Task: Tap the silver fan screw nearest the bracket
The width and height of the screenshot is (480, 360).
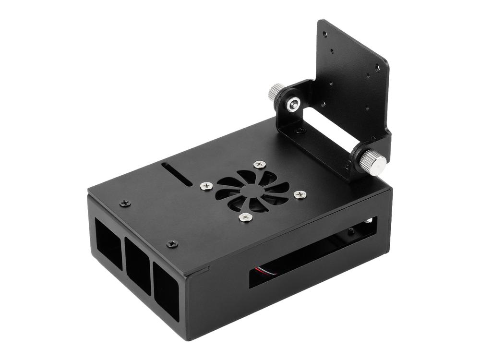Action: pos(260,165)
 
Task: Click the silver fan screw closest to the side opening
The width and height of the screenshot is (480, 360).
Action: pos(300,194)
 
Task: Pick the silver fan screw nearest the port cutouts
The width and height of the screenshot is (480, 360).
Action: pos(246,218)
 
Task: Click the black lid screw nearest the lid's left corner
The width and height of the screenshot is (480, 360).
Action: pos(125,203)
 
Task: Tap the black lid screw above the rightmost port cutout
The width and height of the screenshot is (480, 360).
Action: pos(172,244)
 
